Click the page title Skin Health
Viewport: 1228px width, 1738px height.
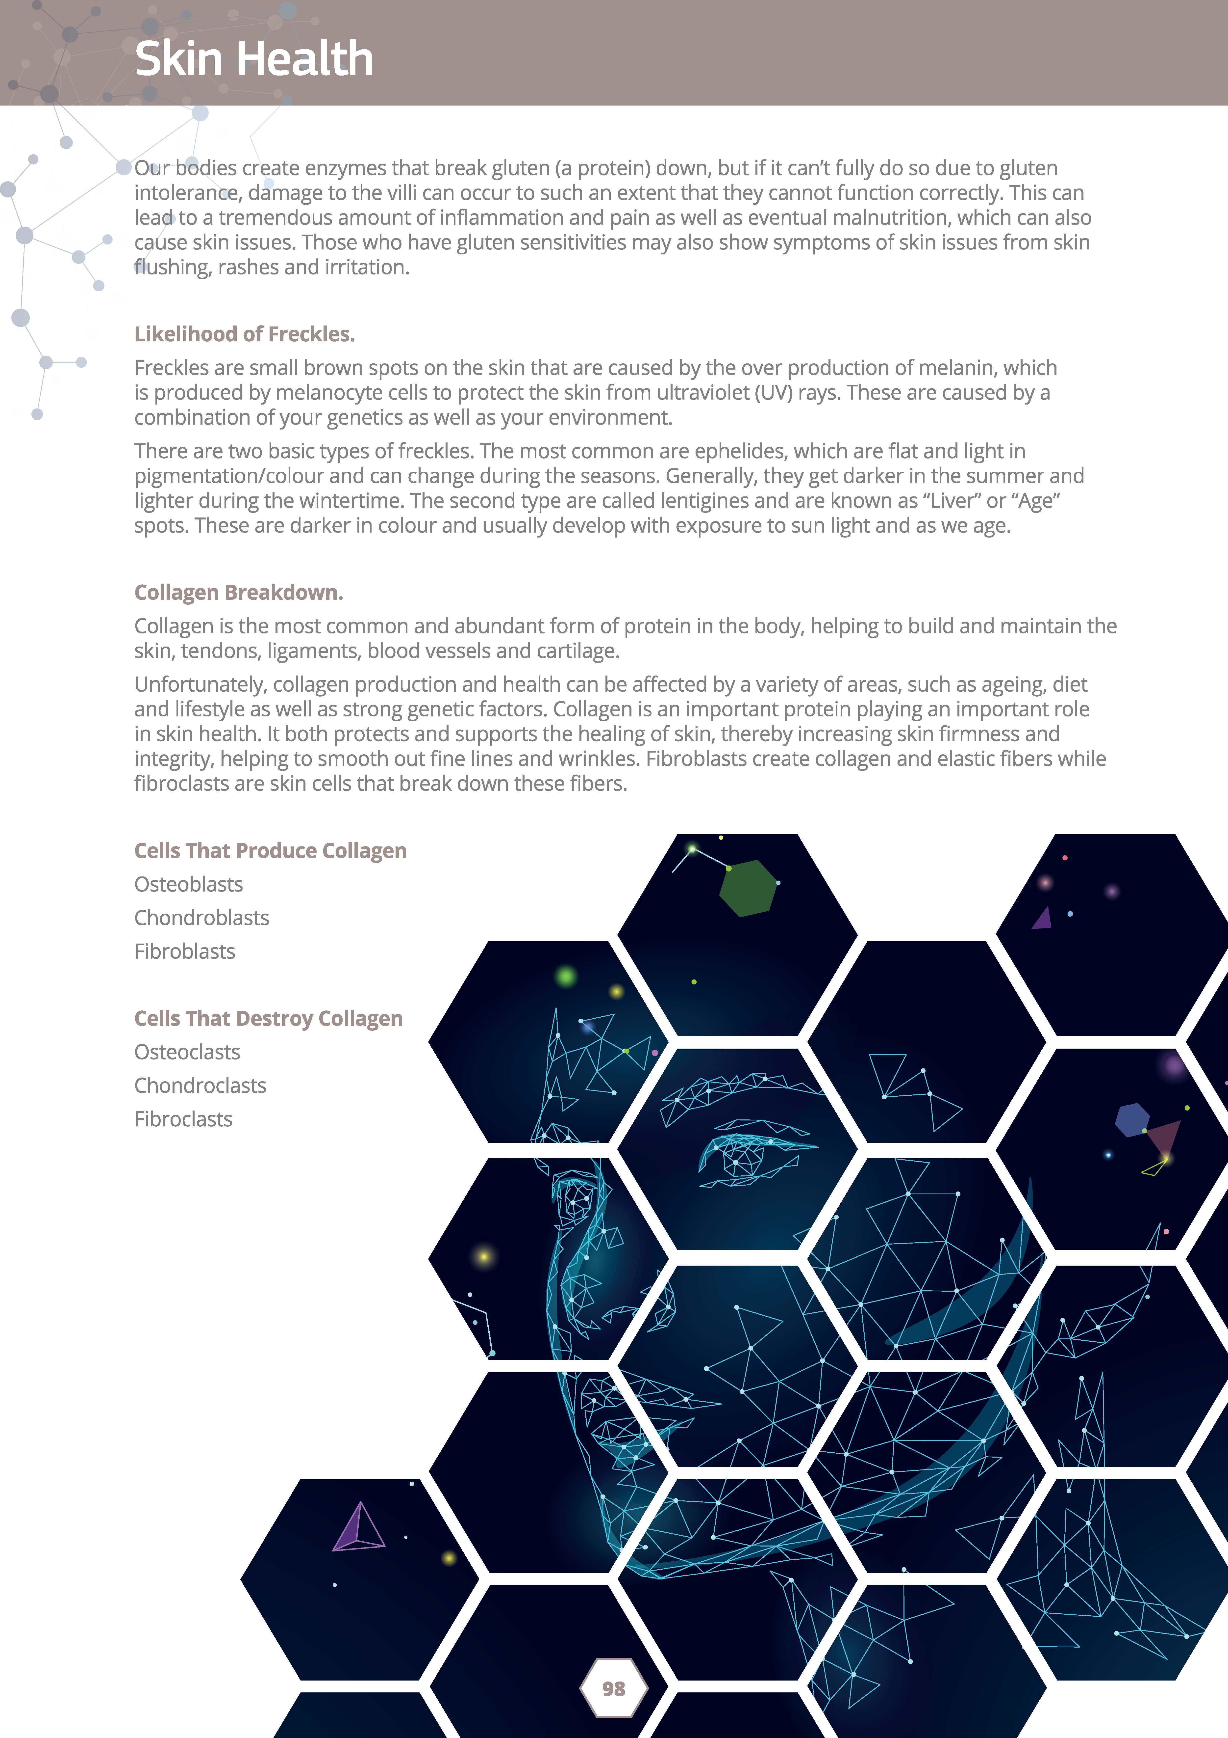253,59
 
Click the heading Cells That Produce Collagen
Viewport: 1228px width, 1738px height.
270,851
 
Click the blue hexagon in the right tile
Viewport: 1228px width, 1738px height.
1132,1120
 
